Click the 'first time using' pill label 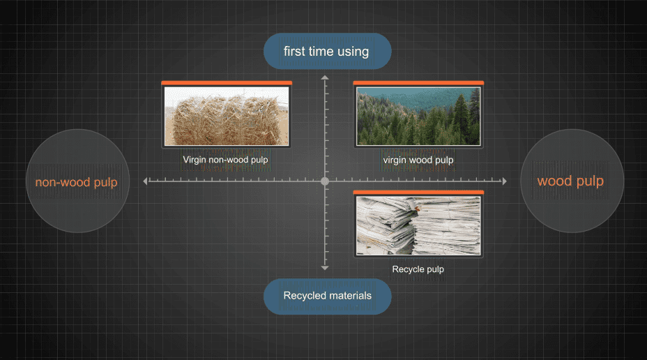tap(327, 51)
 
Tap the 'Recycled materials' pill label tap(327, 296)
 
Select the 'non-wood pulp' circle tap(77, 181)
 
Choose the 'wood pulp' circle tap(571, 181)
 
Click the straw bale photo tap(226, 116)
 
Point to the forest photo tap(418, 116)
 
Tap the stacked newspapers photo tap(418, 225)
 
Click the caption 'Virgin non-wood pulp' tap(225, 160)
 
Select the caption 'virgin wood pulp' tap(418, 160)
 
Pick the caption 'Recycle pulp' tap(418, 269)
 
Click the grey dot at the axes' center tap(325, 181)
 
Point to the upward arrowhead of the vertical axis tap(325, 77)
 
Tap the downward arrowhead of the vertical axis tap(325, 267)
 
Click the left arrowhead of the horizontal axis tap(146, 181)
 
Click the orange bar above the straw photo tap(226, 83)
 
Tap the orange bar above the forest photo tap(418, 83)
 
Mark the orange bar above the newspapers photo tap(418, 192)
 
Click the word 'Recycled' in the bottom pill tap(303, 296)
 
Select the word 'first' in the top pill tap(293, 51)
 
